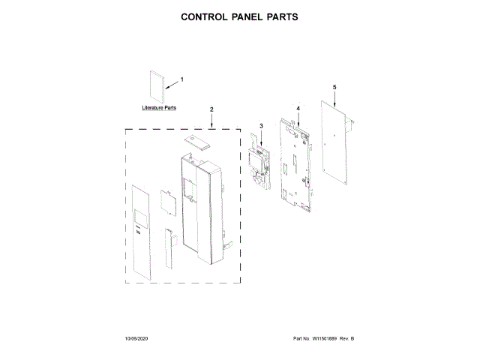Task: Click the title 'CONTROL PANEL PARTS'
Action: pyautogui.click(x=240, y=16)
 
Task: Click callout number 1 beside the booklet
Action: pyautogui.click(x=181, y=79)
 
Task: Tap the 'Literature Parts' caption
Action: pyautogui.click(x=160, y=108)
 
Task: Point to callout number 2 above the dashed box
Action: pyautogui.click(x=211, y=109)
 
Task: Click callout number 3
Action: pyautogui.click(x=261, y=125)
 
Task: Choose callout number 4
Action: pyautogui.click(x=298, y=108)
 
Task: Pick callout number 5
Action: pyautogui.click(x=335, y=88)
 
